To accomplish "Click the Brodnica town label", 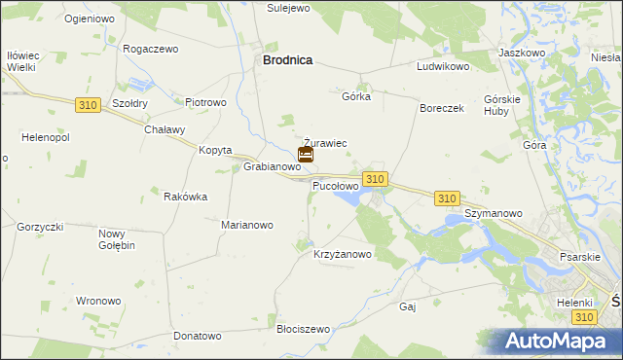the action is (287, 59).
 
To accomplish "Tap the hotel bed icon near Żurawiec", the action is (305, 154).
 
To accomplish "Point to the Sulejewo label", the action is (288, 7).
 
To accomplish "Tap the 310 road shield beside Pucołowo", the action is (376, 178).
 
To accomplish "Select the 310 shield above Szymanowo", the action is (447, 198).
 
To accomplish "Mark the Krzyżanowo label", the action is (343, 255).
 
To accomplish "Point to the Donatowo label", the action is (198, 336).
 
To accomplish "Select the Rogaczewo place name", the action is (151, 48).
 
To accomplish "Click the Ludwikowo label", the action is (444, 67).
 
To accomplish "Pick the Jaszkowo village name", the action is (521, 52).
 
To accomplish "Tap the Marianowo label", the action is (247, 225).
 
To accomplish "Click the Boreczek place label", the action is (442, 108).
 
